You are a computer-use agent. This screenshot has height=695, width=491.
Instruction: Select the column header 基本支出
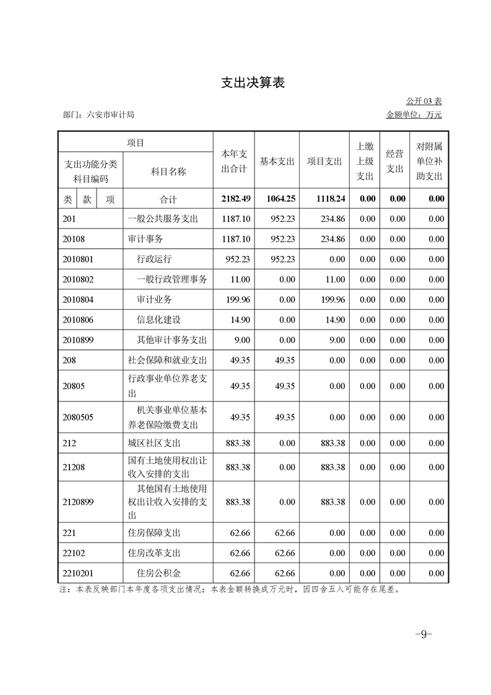277,161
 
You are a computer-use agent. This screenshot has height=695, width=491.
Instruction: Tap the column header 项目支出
324,161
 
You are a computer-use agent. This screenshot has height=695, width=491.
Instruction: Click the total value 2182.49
235,199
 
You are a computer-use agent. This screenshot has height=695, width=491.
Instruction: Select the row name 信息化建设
159,320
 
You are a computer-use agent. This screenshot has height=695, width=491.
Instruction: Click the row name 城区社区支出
154,444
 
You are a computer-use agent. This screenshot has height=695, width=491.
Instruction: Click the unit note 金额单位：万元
414,115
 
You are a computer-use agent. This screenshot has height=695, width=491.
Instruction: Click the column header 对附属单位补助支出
429,161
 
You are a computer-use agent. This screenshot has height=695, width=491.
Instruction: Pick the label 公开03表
424,101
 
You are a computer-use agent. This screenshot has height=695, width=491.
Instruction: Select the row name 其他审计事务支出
172,340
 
